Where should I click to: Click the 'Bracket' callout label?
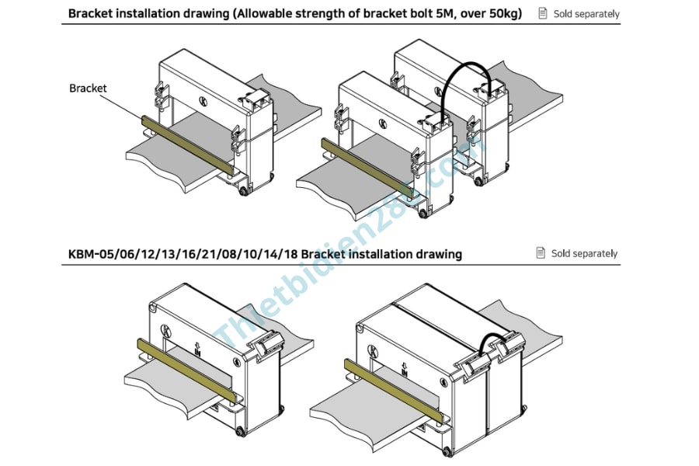coord(88,89)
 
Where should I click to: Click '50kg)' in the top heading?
coord(506,13)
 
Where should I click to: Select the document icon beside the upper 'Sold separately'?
coord(543,13)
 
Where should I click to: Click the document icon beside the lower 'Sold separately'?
coord(541,253)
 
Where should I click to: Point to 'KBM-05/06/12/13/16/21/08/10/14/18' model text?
coord(183,254)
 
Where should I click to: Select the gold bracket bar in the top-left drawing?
coord(188,145)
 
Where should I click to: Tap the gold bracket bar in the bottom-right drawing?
coord(394,391)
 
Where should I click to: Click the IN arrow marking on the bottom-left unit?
coord(197,349)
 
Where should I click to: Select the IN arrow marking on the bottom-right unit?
coord(405,369)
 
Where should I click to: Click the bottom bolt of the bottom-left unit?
coord(240,431)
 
